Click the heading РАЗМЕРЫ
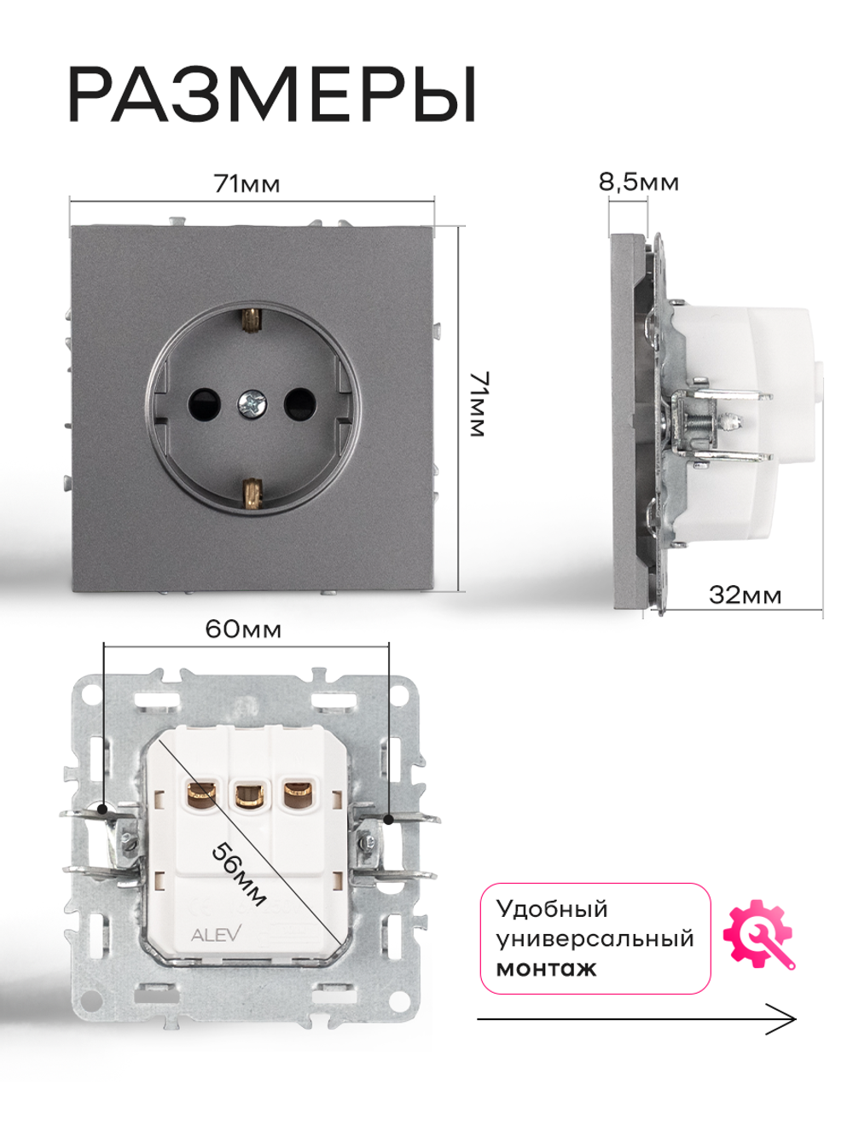click(x=272, y=95)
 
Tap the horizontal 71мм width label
click(x=247, y=184)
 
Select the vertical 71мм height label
click(x=478, y=404)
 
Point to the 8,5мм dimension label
click(x=638, y=183)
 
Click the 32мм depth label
click(x=745, y=595)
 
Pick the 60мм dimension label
click(x=243, y=629)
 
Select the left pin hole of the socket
click(x=204, y=403)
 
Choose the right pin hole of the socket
click(x=299, y=403)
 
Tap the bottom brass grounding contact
click(x=252, y=490)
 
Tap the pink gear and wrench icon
click(x=758, y=935)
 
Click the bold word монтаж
click(x=547, y=968)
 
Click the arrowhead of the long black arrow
click(x=794, y=1019)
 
